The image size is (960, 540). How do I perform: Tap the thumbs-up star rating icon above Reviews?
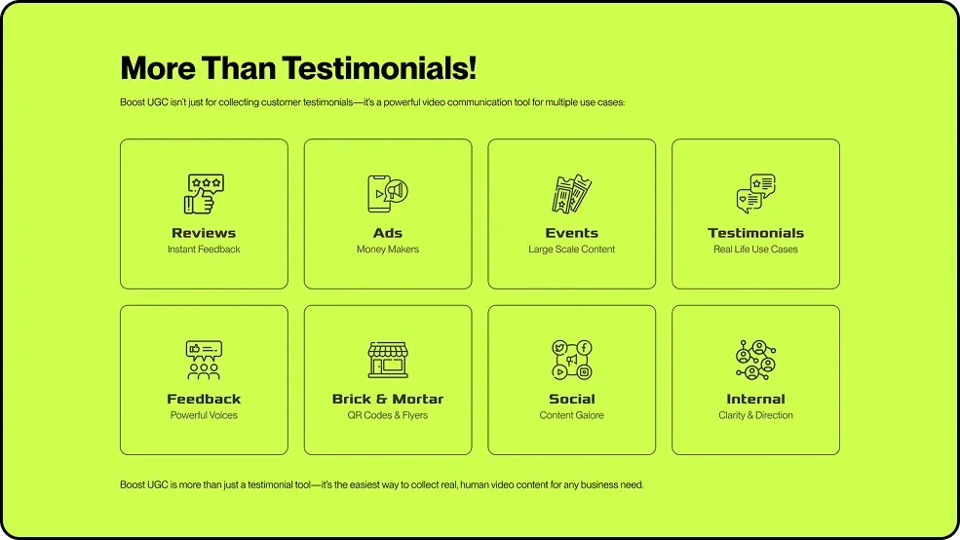(204, 194)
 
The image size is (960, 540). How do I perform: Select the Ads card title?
(388, 233)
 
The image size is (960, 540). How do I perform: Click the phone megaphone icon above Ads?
(388, 194)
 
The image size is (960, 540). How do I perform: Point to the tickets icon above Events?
(572, 194)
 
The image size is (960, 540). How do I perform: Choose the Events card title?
(572, 233)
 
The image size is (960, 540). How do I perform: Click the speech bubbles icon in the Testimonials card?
(755, 194)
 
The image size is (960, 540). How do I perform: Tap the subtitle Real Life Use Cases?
(755, 250)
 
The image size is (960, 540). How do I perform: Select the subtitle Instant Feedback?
(204, 250)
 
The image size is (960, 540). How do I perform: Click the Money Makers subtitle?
(388, 250)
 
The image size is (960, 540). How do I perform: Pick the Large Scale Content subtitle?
(572, 250)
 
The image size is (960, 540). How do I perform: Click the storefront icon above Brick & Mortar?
(388, 360)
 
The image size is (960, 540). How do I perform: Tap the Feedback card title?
(204, 399)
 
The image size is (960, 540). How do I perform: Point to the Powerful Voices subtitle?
(204, 415)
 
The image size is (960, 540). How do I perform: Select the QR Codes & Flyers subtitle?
(388, 415)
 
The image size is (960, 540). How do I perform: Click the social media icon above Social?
(572, 360)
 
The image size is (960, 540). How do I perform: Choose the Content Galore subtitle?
(572, 415)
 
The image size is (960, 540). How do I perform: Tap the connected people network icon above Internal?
(755, 360)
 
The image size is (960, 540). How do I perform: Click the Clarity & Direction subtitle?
(755, 415)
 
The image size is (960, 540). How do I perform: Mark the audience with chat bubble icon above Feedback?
(204, 360)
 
